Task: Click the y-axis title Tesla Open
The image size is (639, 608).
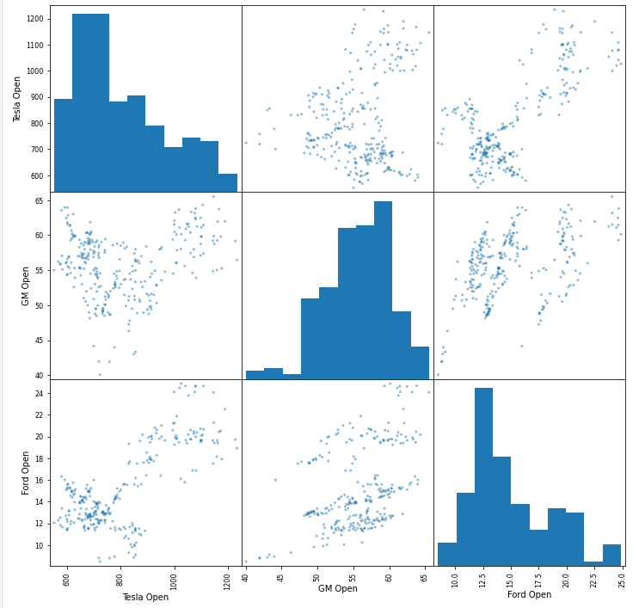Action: coord(17,98)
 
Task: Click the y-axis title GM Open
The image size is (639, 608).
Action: coord(26,286)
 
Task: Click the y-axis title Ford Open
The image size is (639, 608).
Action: coord(26,472)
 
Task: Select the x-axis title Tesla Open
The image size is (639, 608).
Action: coord(145,597)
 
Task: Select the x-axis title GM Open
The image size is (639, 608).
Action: coord(337,589)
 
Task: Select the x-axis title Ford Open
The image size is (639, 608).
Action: coord(529,594)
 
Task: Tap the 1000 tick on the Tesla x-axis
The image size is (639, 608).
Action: coord(175,579)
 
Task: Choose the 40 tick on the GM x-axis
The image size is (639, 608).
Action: coord(246,575)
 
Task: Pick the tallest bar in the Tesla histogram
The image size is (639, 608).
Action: coord(90,102)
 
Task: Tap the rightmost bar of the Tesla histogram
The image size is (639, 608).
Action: coord(227,182)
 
